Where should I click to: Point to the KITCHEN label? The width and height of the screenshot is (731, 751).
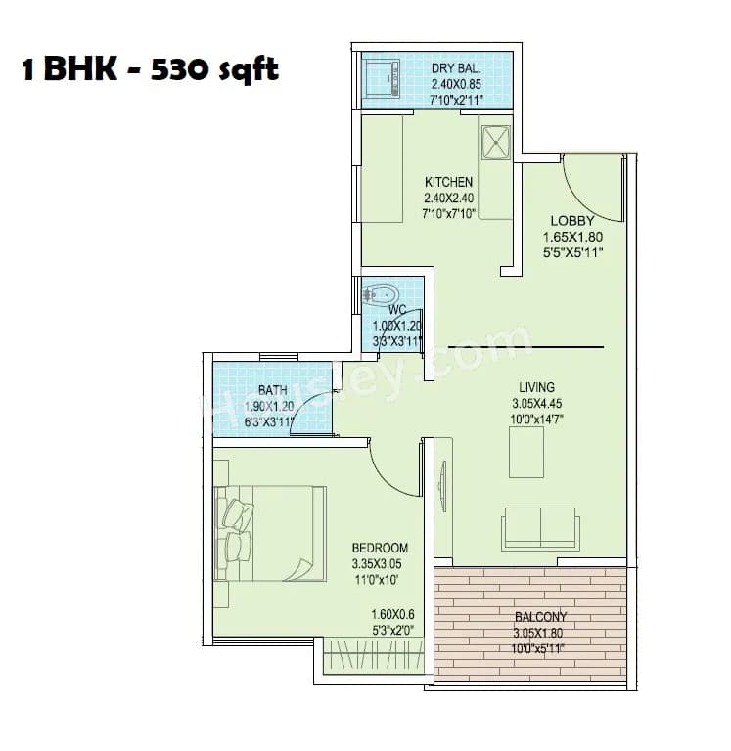448,182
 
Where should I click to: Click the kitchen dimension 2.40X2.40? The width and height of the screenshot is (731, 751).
448,198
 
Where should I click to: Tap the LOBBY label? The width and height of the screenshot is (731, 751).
572,221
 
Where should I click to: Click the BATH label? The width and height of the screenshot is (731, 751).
272,390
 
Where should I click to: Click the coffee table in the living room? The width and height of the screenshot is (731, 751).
525,453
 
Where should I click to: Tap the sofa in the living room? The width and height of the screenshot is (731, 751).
540,528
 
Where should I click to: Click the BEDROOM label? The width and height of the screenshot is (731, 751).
380,548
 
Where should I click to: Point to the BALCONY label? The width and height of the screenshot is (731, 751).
539,617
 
